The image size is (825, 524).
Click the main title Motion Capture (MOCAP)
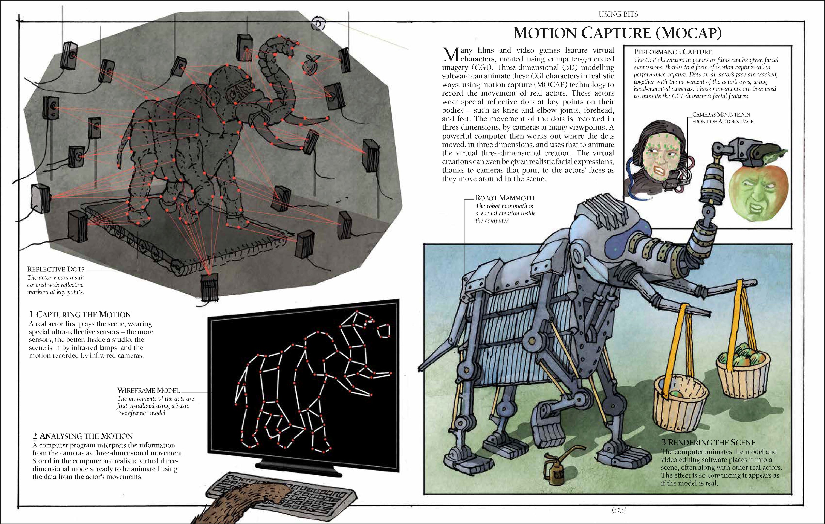click(618, 33)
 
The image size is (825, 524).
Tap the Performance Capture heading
click(672, 52)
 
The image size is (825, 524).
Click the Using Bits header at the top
click(618, 14)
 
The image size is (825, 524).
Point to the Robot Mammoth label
click(505, 198)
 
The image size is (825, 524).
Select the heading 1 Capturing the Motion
click(80, 314)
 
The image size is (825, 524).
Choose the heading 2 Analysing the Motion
click(82, 436)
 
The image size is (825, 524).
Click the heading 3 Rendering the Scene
click(708, 442)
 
